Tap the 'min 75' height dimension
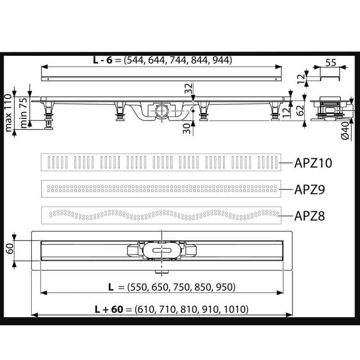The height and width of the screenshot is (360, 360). tap(22, 111)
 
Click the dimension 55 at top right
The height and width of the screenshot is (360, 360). tap(330, 63)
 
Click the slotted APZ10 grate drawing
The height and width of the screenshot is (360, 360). tap(161, 162)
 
